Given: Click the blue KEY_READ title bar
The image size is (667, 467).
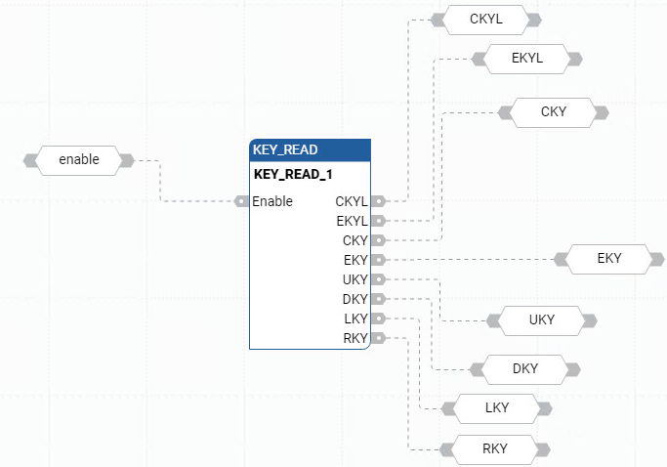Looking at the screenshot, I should pyautogui.click(x=310, y=150).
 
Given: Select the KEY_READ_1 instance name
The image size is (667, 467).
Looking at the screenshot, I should pyautogui.click(x=293, y=176).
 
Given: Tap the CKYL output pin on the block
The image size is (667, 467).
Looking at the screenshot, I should pyautogui.click(x=378, y=201).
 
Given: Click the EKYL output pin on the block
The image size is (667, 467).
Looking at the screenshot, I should pyautogui.click(x=378, y=221).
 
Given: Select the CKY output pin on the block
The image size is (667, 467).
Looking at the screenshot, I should pyautogui.click(x=378, y=239).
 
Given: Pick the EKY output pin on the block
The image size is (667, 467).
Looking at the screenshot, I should pyautogui.click(x=378, y=260).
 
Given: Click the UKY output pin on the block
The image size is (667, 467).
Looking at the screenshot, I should pyautogui.click(x=378, y=279).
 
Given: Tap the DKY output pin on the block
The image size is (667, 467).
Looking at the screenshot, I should pyautogui.click(x=378, y=299).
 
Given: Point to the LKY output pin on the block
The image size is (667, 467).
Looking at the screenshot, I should pyautogui.click(x=378, y=318).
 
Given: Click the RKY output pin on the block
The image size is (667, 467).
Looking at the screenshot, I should pyautogui.click(x=378, y=338).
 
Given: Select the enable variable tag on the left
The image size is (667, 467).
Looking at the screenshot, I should pyautogui.click(x=79, y=159).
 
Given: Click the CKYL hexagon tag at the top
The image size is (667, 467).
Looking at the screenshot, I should pyautogui.click(x=486, y=20).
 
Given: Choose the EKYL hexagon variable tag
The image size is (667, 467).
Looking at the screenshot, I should pyautogui.click(x=526, y=59).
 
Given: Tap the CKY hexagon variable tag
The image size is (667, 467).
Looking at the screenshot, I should pyautogui.click(x=553, y=112).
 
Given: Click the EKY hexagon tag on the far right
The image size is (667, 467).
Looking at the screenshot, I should pyautogui.click(x=608, y=259).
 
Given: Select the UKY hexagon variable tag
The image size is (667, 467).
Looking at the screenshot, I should pyautogui.click(x=541, y=319).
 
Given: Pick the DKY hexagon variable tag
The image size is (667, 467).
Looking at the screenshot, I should pyautogui.click(x=525, y=368).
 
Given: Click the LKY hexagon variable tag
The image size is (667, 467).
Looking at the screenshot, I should pyautogui.click(x=496, y=407).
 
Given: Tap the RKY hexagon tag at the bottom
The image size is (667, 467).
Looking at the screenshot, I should pyautogui.click(x=494, y=448).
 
